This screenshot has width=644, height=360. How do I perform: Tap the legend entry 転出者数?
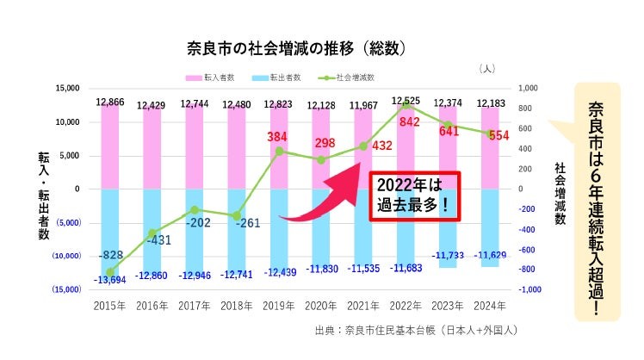coord(279,78)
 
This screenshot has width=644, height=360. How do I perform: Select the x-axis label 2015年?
coord(110,305)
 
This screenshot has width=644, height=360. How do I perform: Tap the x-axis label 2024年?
coord(490,305)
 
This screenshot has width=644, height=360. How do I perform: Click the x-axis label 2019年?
coord(279,305)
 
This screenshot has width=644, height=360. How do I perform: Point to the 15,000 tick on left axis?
coord(66,88)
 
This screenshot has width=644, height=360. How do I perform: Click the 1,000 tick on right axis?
coord(529,88)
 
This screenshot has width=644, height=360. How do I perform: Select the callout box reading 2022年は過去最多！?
coord(415,196)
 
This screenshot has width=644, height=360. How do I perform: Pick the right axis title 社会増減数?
coord(560,193)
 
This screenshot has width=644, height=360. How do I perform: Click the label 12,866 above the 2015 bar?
coord(110,102)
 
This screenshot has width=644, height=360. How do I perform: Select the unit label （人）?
coord(486,68)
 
